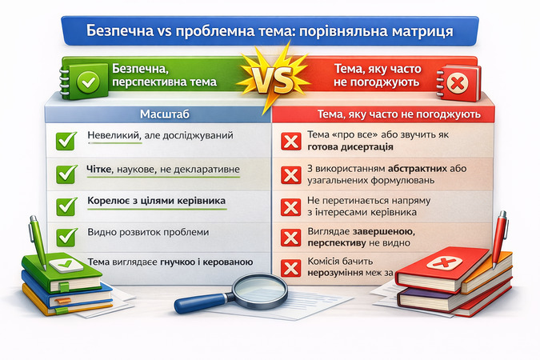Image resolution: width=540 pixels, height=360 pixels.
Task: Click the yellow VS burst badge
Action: coord(269,78)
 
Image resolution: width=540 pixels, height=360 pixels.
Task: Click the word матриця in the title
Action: coord(423,33)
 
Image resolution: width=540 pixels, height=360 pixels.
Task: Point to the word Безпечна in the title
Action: coord(122,33)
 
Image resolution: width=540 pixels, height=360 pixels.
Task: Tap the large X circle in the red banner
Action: coord(458,82)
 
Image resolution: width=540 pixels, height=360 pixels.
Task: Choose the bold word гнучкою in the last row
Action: coord(184,262)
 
